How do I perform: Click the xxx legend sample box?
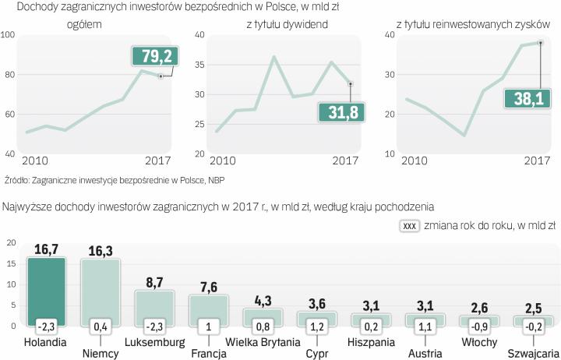411,225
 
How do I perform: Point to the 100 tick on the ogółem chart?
9,35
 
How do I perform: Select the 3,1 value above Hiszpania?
371,305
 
